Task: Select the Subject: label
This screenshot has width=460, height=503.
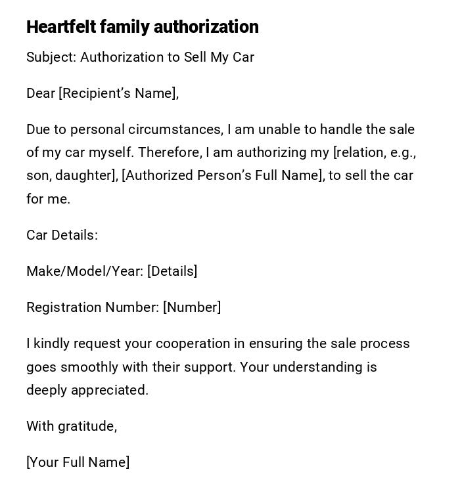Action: coord(51,57)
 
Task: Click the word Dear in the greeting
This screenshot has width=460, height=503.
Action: coord(41,93)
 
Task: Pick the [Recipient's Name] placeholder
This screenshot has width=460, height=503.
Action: coord(119,93)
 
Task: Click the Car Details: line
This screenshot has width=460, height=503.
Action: coord(62,235)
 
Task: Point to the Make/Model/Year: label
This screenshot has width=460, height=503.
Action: coord(85,271)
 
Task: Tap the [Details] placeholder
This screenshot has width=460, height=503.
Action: coord(172,271)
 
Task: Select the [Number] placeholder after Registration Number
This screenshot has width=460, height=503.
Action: coord(192,307)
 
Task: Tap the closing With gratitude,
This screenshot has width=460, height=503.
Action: coord(72,426)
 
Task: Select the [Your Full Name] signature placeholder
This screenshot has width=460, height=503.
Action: coord(78,462)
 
